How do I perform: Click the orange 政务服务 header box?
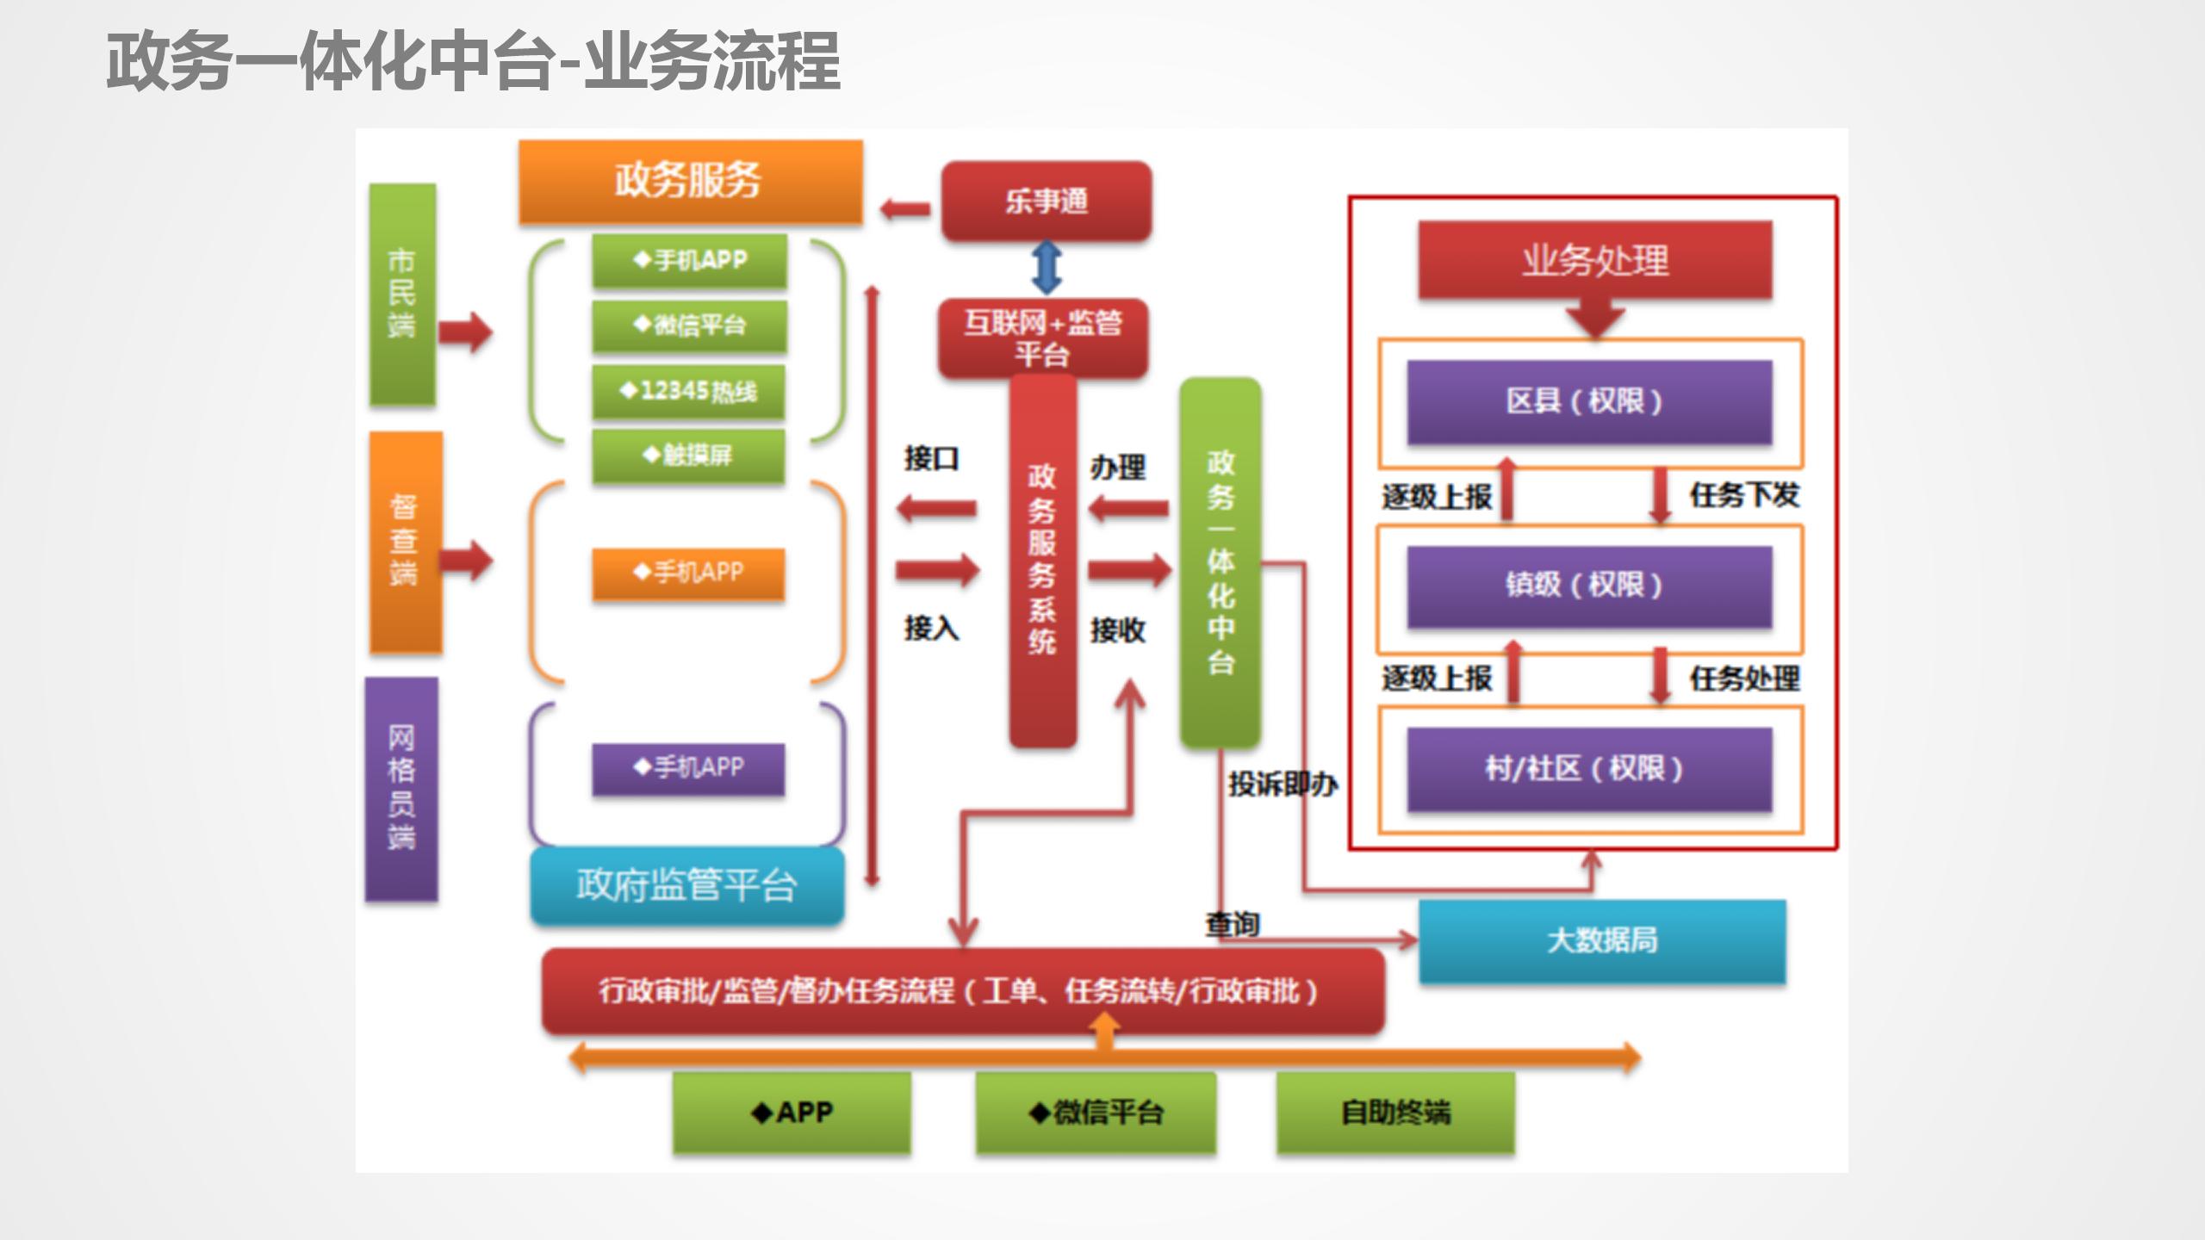pyautogui.click(x=689, y=181)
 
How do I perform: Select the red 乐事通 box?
pyautogui.click(x=1046, y=201)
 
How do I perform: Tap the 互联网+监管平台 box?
pyautogui.click(x=1042, y=338)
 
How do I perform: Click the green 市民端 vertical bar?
pyautogui.click(x=401, y=294)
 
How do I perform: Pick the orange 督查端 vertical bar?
pyautogui.click(x=405, y=542)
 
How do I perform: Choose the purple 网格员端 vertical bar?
pyautogui.click(x=401, y=788)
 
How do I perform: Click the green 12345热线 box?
pyautogui.click(x=688, y=392)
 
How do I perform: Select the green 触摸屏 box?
pyautogui.click(x=688, y=455)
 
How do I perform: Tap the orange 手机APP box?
pyautogui.click(x=688, y=573)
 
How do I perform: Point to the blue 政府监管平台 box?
pyautogui.click(x=686, y=885)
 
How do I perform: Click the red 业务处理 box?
pyautogui.click(x=1594, y=260)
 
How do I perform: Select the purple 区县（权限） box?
pyautogui.click(x=1588, y=401)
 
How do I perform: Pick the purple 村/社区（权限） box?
pyautogui.click(x=1588, y=769)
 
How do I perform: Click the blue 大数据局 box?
pyautogui.click(x=1602, y=940)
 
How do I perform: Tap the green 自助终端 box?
pyautogui.click(x=1395, y=1113)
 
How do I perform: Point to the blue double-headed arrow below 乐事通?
pyautogui.click(x=1046, y=267)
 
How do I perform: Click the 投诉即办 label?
pyautogui.click(x=1283, y=784)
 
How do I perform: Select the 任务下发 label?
pyautogui.click(x=1744, y=495)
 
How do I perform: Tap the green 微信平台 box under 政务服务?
pyautogui.click(x=689, y=325)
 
